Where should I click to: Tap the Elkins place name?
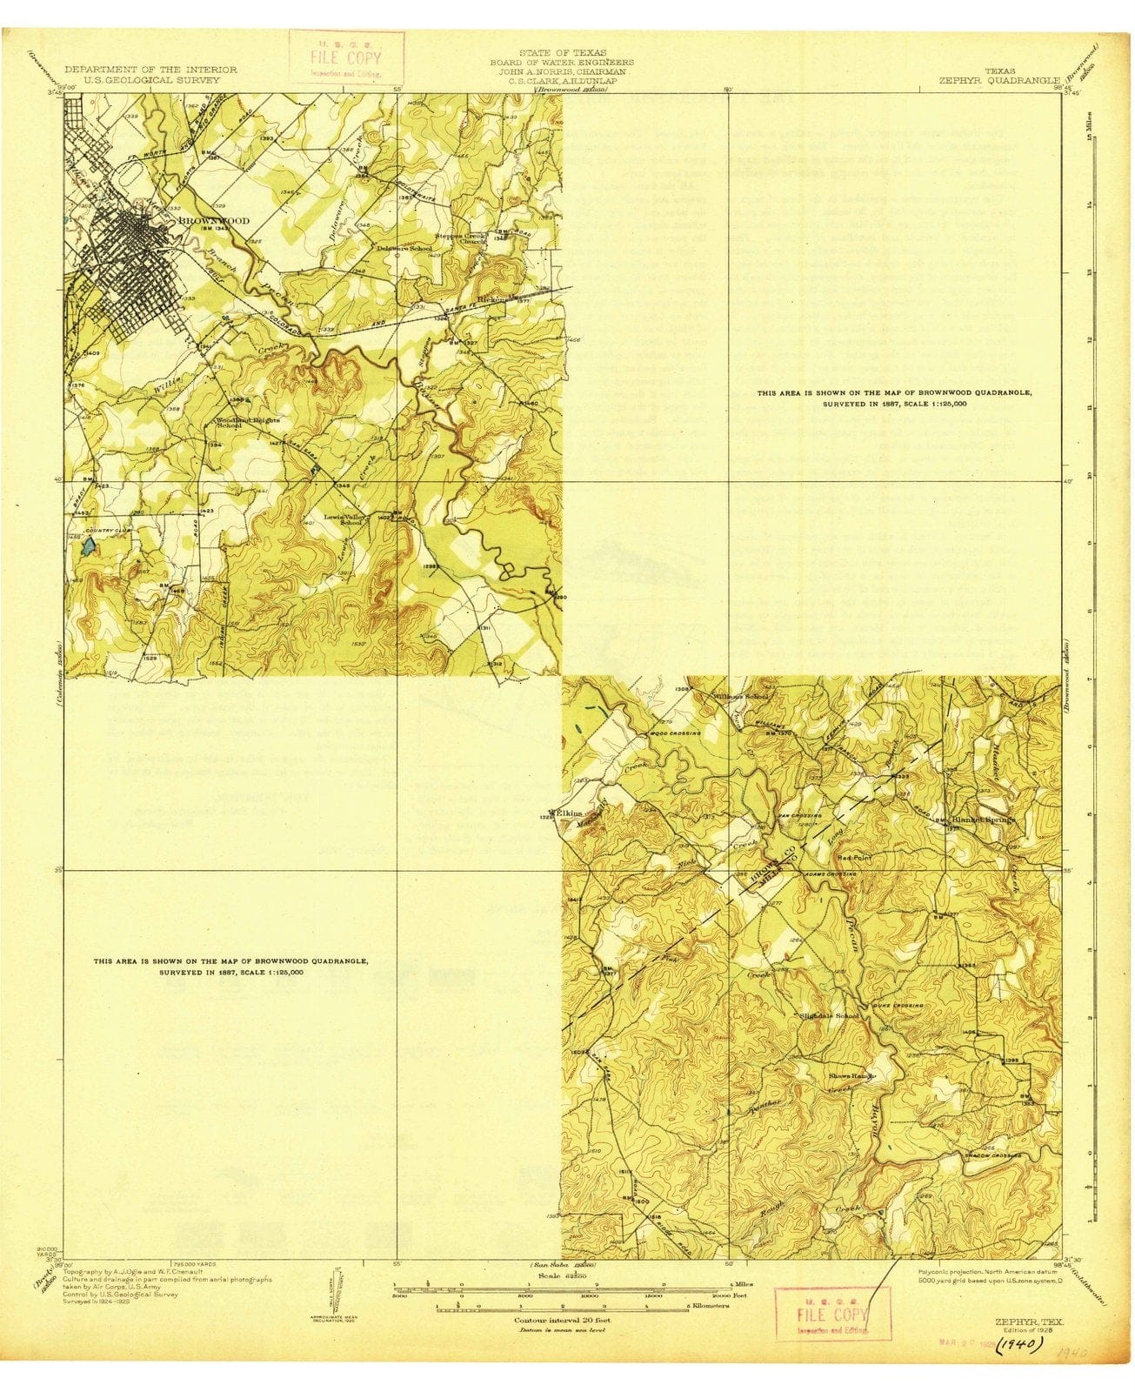point(569,813)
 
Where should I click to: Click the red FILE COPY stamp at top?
point(346,57)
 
